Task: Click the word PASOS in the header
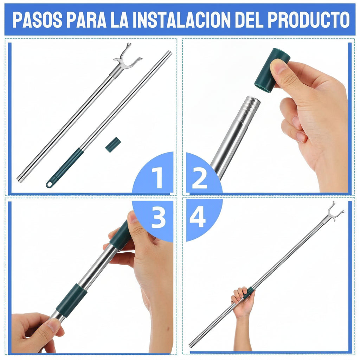[x=37, y=20]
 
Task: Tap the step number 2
[x=199, y=178]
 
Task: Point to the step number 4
[x=198, y=217]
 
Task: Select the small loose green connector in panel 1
[x=113, y=144]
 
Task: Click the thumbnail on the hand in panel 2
[x=277, y=66]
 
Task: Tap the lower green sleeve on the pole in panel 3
[x=72, y=300]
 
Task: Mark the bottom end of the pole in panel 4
[x=191, y=345]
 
